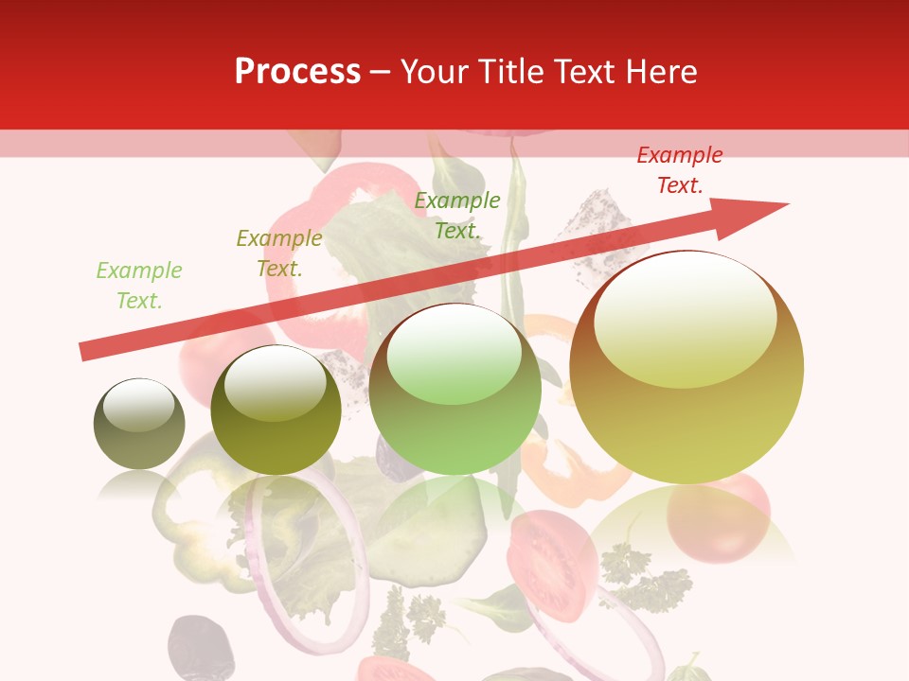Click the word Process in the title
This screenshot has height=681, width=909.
tap(297, 72)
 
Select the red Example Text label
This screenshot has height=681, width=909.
tap(680, 170)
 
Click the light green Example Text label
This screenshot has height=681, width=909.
tap(139, 286)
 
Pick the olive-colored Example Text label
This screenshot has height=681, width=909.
tap(279, 253)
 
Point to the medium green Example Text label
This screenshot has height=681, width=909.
tap(457, 215)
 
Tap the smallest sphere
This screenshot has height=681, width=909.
tap(139, 425)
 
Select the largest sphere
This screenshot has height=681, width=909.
tap(686, 368)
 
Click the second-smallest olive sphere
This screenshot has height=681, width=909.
tap(276, 410)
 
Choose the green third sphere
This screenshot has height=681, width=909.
tap(455, 390)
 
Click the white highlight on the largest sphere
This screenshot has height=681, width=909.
tap(685, 317)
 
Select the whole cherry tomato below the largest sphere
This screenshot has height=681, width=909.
tap(719, 515)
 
